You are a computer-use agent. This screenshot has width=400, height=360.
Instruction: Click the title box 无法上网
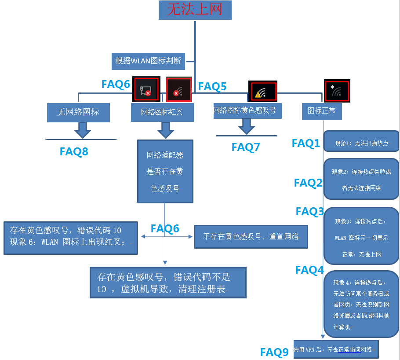tap(195, 10)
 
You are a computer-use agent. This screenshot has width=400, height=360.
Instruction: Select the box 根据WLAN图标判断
tap(148, 61)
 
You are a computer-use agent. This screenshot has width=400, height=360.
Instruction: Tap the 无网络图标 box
tap(78, 112)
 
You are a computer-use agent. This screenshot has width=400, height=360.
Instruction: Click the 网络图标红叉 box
tap(162, 113)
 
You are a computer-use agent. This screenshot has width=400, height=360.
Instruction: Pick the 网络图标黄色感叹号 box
tap(247, 110)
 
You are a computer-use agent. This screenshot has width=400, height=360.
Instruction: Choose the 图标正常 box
tap(322, 111)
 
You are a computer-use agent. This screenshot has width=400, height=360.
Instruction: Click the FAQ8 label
tap(74, 152)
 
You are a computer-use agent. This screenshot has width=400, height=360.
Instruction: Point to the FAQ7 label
tap(246, 147)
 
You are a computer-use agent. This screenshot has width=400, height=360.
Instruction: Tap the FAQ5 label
tap(212, 87)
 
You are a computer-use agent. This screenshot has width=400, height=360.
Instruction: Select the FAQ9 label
tap(274, 352)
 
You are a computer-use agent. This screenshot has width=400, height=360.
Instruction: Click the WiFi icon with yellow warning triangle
tap(262, 92)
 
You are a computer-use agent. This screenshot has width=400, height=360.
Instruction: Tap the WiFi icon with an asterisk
tap(337, 91)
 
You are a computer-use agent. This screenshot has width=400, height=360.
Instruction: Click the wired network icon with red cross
tap(145, 91)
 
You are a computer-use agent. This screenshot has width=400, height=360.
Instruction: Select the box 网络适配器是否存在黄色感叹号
tap(165, 172)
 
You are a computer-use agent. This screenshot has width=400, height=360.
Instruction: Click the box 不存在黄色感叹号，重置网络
tap(251, 237)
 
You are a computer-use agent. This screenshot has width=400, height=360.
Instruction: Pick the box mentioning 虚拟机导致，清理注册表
tap(167, 283)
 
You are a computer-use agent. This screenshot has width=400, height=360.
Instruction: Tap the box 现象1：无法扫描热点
tap(361, 143)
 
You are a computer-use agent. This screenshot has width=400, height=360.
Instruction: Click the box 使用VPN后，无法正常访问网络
tap(335, 349)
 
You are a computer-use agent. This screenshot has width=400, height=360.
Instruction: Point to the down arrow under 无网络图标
tap(82, 130)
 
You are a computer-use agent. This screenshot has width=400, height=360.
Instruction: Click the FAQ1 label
tap(306, 143)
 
